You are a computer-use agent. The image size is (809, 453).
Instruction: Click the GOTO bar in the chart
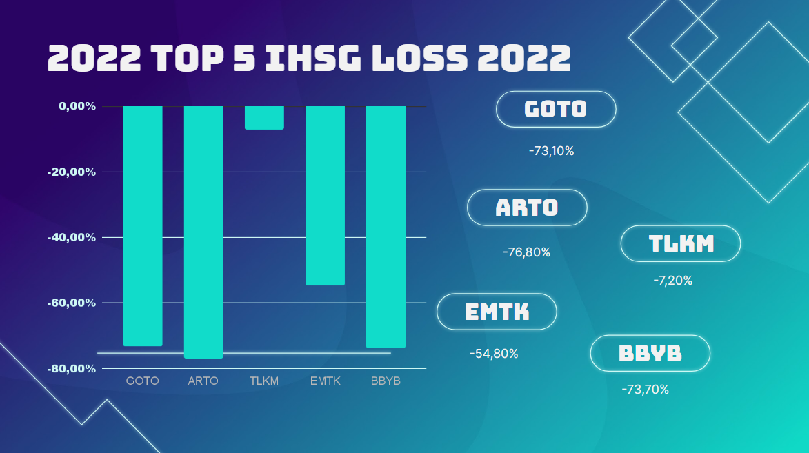tap(143, 225)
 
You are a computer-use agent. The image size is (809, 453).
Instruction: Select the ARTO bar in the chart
tap(203, 232)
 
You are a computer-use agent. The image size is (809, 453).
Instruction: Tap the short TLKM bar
tap(264, 118)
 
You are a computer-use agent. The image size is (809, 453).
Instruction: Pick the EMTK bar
tap(325, 195)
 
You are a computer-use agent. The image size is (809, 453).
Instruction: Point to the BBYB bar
tap(386, 227)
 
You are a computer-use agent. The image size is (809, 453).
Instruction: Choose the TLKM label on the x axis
tap(264, 381)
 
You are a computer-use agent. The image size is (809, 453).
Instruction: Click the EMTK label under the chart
tap(325, 381)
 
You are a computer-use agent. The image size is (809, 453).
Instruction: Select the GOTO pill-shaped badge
tap(555, 109)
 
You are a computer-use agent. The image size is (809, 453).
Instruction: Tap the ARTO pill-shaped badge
tap(527, 208)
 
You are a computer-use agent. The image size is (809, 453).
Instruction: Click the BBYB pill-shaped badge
tap(650, 353)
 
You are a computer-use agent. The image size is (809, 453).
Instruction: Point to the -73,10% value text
tap(551, 151)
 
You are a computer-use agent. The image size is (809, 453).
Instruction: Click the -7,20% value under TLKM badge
tap(672, 281)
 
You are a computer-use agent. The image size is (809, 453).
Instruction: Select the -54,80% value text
tap(494, 354)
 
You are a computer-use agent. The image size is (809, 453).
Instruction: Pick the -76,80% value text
tap(527, 252)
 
